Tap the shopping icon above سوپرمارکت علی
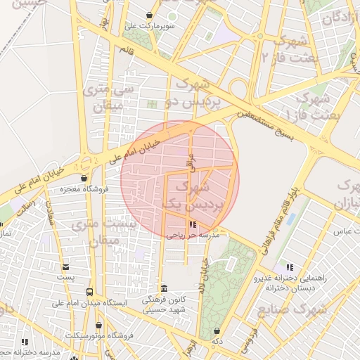pos(149,15)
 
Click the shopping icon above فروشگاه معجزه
pos(84,178)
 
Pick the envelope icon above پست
pos(65,267)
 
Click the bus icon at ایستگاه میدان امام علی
pos(89,292)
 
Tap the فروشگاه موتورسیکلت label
pos(99,335)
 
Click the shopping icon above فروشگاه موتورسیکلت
pos(99,325)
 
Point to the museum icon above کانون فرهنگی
pos(164,288)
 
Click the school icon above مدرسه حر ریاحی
pos(193,225)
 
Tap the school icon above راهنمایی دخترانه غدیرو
pos(289,267)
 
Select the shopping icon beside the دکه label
pos(216,330)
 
